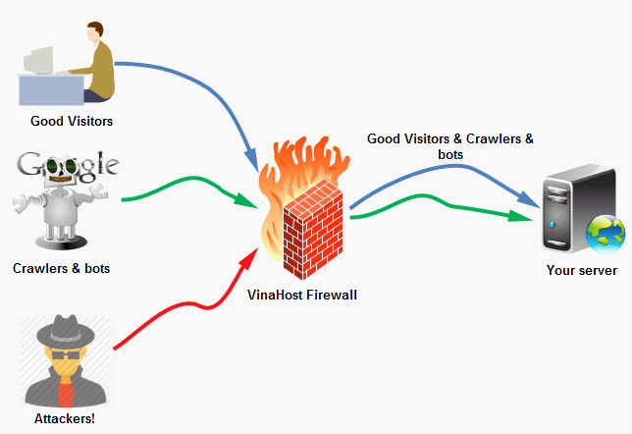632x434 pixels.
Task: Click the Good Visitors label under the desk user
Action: (x=72, y=122)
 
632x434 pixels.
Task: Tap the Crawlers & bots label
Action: (x=61, y=268)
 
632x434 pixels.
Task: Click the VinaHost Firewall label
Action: (x=301, y=292)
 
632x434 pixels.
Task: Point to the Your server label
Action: (x=582, y=271)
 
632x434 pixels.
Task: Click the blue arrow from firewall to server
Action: (x=442, y=173)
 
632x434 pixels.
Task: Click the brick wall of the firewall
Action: (x=309, y=236)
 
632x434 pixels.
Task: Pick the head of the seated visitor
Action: (x=92, y=33)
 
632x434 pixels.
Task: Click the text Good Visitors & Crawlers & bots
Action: (x=450, y=146)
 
